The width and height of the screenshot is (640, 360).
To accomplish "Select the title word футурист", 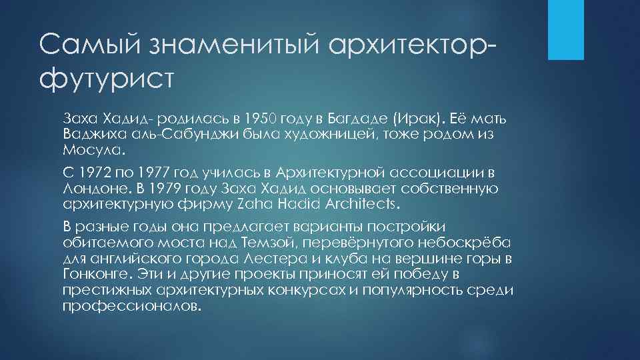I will [x=106, y=78].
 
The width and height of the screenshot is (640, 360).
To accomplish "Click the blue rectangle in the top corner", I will [x=565, y=29].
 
